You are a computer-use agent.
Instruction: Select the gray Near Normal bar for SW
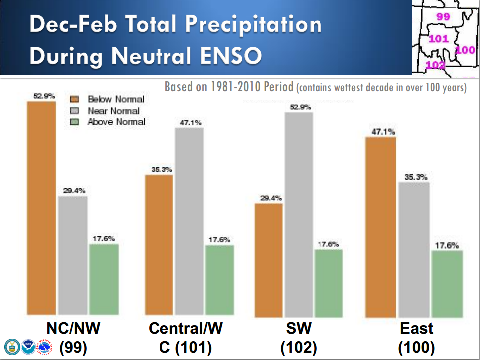298,214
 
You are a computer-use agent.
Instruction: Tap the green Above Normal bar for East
447,284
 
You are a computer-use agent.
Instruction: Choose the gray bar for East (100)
413,250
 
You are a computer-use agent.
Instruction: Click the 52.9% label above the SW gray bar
299,107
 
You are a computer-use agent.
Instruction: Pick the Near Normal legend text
113,111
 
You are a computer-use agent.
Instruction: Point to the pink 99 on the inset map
443,17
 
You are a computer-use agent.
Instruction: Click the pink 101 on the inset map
439,39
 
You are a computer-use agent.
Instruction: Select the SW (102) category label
298,337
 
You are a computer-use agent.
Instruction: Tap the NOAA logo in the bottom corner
28,346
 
